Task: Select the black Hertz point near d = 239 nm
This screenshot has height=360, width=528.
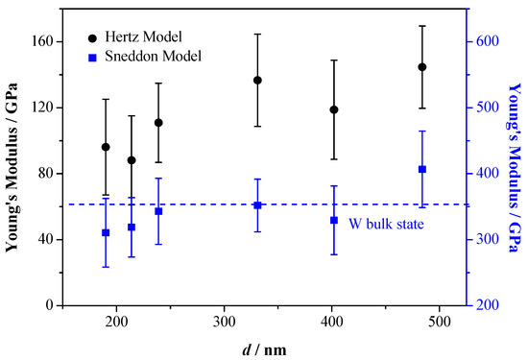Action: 158,123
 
